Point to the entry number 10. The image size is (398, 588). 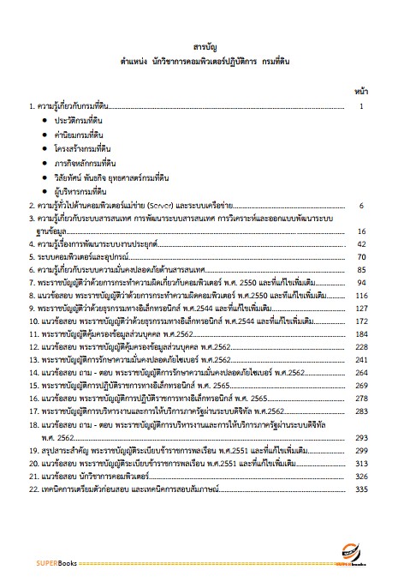(x=33, y=321)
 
